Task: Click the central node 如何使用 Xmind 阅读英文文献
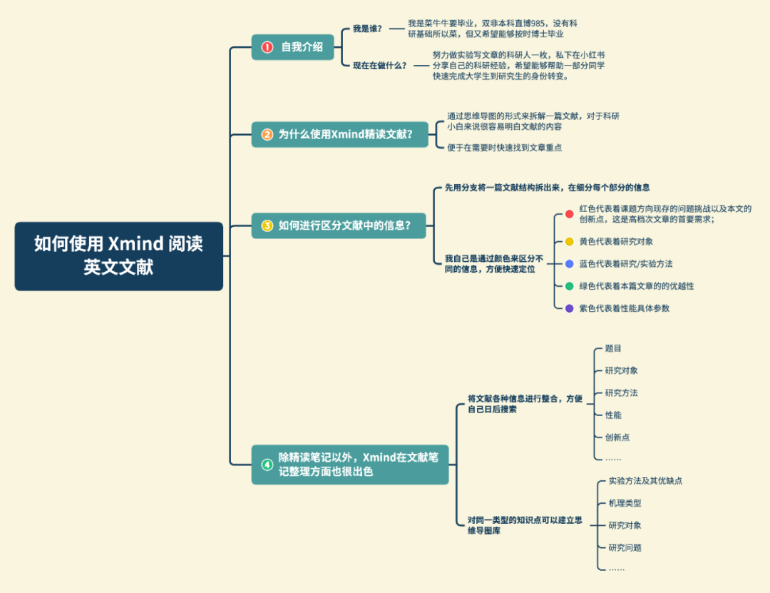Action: click(x=118, y=255)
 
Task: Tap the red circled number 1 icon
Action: click(x=267, y=47)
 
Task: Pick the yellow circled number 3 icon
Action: click(x=267, y=225)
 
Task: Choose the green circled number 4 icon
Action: click(x=267, y=465)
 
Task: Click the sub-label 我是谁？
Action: click(x=367, y=29)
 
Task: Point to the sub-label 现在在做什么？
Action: click(x=379, y=66)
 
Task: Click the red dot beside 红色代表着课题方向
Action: click(x=569, y=214)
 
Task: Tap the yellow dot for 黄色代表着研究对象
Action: click(x=569, y=242)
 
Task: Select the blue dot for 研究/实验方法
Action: click(x=569, y=264)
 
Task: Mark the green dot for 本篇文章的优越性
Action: click(x=569, y=286)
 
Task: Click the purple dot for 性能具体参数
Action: click(x=569, y=308)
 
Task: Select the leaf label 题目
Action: click(x=613, y=349)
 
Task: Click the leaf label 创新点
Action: click(x=617, y=437)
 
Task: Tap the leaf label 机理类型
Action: click(x=625, y=503)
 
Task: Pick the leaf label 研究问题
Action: click(x=625, y=548)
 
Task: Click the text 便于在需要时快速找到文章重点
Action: click(x=504, y=148)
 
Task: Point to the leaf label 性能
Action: click(x=613, y=415)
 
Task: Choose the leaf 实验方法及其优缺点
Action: click(x=645, y=481)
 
